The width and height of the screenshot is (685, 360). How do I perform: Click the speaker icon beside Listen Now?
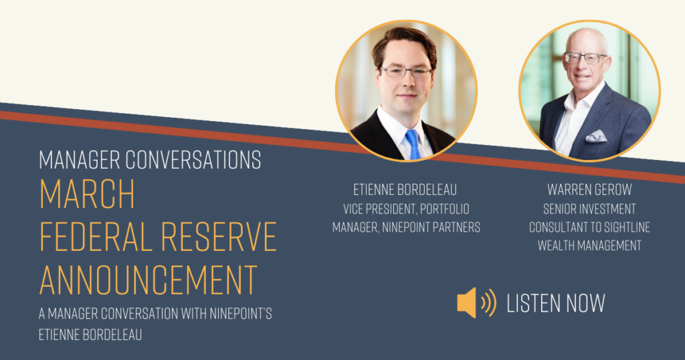[476, 302]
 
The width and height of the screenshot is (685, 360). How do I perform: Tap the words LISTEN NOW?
[556, 303]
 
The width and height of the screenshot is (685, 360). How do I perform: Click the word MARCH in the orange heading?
[87, 194]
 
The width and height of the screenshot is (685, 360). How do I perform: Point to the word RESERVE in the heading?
[219, 236]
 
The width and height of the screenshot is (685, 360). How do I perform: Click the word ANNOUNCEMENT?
[148, 280]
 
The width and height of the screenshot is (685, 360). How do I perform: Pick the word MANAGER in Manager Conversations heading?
[80, 160]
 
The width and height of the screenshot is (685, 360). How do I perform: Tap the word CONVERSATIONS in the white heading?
[193, 160]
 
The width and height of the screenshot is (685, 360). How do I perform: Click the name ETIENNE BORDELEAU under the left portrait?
[405, 189]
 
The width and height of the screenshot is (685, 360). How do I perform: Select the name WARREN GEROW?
[589, 189]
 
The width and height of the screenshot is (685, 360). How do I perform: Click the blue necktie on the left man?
[413, 144]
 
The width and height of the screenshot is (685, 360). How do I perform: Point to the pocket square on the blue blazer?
[596, 137]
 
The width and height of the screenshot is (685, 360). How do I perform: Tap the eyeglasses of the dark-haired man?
[406, 72]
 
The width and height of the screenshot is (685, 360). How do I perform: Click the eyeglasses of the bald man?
[585, 58]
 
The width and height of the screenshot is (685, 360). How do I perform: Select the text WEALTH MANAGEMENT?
[589, 246]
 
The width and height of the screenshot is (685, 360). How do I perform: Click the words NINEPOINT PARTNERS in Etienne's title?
[431, 228]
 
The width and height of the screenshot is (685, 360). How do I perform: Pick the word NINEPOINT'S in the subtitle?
[241, 314]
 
